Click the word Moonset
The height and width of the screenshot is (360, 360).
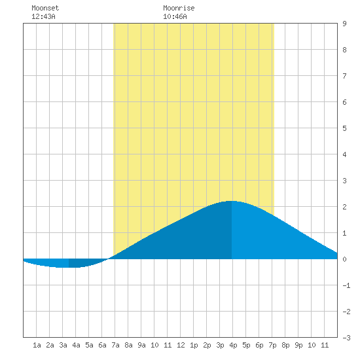pyautogui.click(x=45, y=8)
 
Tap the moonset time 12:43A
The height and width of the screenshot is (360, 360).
pyautogui.click(x=43, y=16)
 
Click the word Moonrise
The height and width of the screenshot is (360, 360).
pyautogui.click(x=179, y=8)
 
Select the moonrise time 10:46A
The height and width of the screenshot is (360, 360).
pyautogui.click(x=175, y=16)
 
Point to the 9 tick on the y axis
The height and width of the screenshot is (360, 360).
pyautogui.click(x=344, y=24)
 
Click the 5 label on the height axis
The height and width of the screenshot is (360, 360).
pyautogui.click(x=344, y=128)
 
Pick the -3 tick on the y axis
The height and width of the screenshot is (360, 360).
pyautogui.click(x=346, y=338)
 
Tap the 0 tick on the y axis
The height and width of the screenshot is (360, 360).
pyautogui.click(x=344, y=259)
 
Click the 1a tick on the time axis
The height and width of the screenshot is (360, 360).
pyautogui.click(x=37, y=345)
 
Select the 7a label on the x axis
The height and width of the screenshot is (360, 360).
pyautogui.click(x=115, y=345)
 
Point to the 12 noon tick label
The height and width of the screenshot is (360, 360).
pyautogui.click(x=181, y=345)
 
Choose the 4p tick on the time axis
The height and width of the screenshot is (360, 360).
pyautogui.click(x=233, y=345)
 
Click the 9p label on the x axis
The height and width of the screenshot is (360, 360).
pyautogui.click(x=298, y=345)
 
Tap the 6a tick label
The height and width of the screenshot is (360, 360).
pyautogui.click(x=102, y=345)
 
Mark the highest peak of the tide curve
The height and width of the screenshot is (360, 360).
pyautogui.click(x=232, y=201)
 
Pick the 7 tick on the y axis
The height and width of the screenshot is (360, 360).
pyautogui.click(x=344, y=76)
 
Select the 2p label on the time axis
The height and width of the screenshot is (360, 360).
pyautogui.click(x=207, y=345)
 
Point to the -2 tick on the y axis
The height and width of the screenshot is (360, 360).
pyautogui.click(x=346, y=312)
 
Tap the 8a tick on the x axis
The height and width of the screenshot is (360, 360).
pyautogui.click(x=128, y=345)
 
